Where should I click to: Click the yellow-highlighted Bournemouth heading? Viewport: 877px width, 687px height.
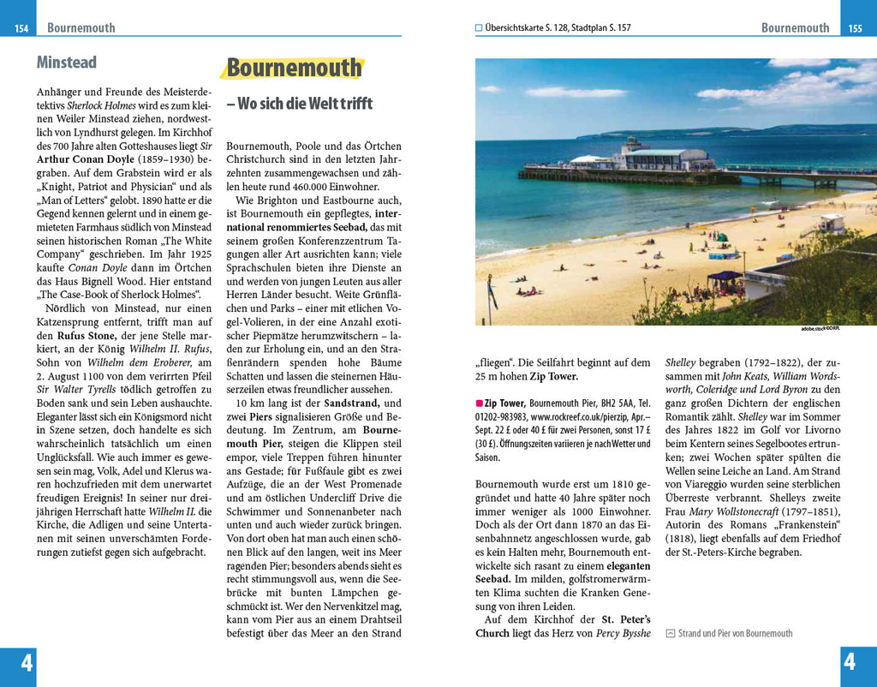(x=294, y=69)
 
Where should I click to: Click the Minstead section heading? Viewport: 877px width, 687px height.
(x=66, y=63)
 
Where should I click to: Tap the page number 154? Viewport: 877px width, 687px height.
(x=21, y=28)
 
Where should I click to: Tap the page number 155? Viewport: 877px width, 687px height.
(x=855, y=28)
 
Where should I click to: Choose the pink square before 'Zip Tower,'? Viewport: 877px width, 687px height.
(x=479, y=403)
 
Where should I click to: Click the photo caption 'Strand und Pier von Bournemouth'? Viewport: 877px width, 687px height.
(x=735, y=633)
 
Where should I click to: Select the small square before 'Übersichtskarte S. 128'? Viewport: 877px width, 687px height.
(x=479, y=27)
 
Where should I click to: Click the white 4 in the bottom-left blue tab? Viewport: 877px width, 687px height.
(x=27, y=662)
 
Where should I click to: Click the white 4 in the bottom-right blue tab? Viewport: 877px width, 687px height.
(x=850, y=662)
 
